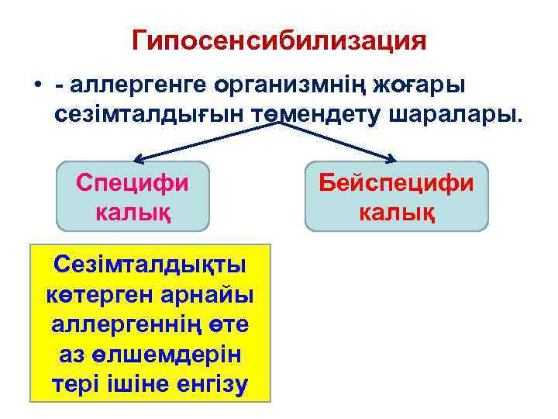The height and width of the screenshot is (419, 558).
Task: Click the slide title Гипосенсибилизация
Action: tap(279, 40)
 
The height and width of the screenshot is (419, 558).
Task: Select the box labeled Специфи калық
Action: tap(133, 196)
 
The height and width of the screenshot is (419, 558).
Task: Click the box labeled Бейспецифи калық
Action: tap(396, 196)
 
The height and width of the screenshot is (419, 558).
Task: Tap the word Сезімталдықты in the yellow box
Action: tap(150, 265)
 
